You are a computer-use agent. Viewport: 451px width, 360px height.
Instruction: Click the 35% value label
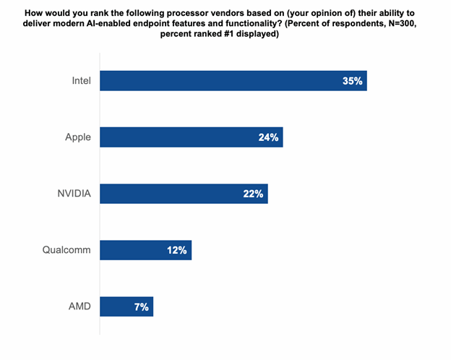coord(352,80)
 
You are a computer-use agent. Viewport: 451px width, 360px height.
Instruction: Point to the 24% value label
coord(268,137)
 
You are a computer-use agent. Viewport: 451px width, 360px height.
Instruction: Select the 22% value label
coord(254,193)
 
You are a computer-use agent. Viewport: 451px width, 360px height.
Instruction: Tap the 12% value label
coord(177,250)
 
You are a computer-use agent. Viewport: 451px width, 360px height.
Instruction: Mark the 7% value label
coord(141,307)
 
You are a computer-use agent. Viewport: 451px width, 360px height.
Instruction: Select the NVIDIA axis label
coord(72,193)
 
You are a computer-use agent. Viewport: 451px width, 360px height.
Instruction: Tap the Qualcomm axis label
coord(66,250)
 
